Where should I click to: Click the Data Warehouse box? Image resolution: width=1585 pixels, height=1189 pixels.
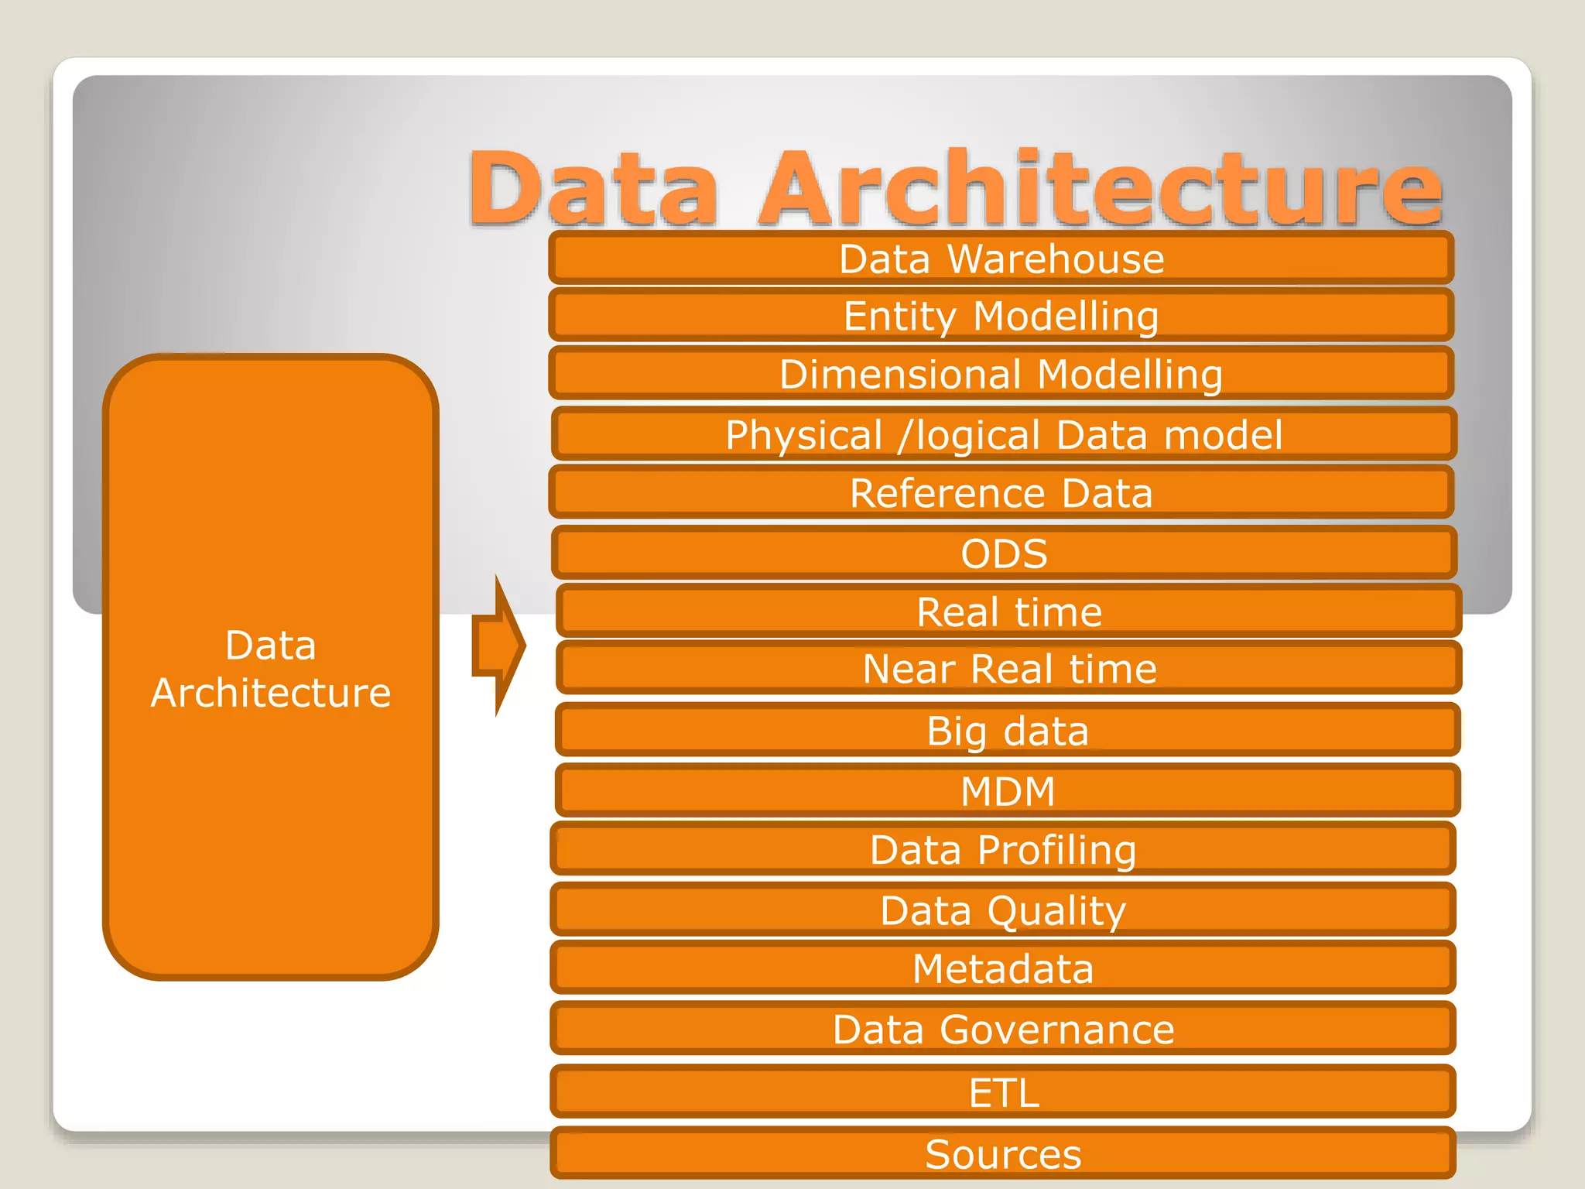[1001, 259]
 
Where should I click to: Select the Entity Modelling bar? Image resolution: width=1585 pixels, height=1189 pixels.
[1001, 316]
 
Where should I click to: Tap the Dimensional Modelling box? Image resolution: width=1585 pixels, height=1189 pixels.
[1001, 374]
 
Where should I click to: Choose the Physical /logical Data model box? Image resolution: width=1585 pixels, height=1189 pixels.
[1004, 434]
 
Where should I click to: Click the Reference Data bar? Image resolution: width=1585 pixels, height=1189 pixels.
[1001, 492]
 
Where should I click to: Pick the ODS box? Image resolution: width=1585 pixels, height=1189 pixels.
[1004, 553]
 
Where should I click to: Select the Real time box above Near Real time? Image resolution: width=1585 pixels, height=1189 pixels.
[1008, 612]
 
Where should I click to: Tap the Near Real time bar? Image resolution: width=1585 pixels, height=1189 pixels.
[1008, 668]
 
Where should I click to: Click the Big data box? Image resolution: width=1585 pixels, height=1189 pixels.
[1008, 730]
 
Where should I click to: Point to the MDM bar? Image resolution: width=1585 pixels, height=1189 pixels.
[1008, 790]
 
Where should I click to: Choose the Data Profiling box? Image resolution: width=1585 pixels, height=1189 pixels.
[1003, 849]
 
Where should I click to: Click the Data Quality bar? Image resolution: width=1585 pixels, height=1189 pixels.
[1003, 910]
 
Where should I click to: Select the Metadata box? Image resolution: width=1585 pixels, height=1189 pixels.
[1003, 968]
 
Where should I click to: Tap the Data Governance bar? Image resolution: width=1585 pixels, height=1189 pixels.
[1003, 1029]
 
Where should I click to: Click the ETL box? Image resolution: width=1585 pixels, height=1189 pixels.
[1003, 1092]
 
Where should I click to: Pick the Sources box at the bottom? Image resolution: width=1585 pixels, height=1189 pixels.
[1003, 1153]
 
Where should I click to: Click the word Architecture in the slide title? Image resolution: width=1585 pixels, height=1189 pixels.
[1100, 188]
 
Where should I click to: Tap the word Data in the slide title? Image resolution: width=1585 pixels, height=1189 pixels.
[593, 188]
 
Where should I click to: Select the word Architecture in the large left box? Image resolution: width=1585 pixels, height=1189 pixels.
[271, 692]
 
